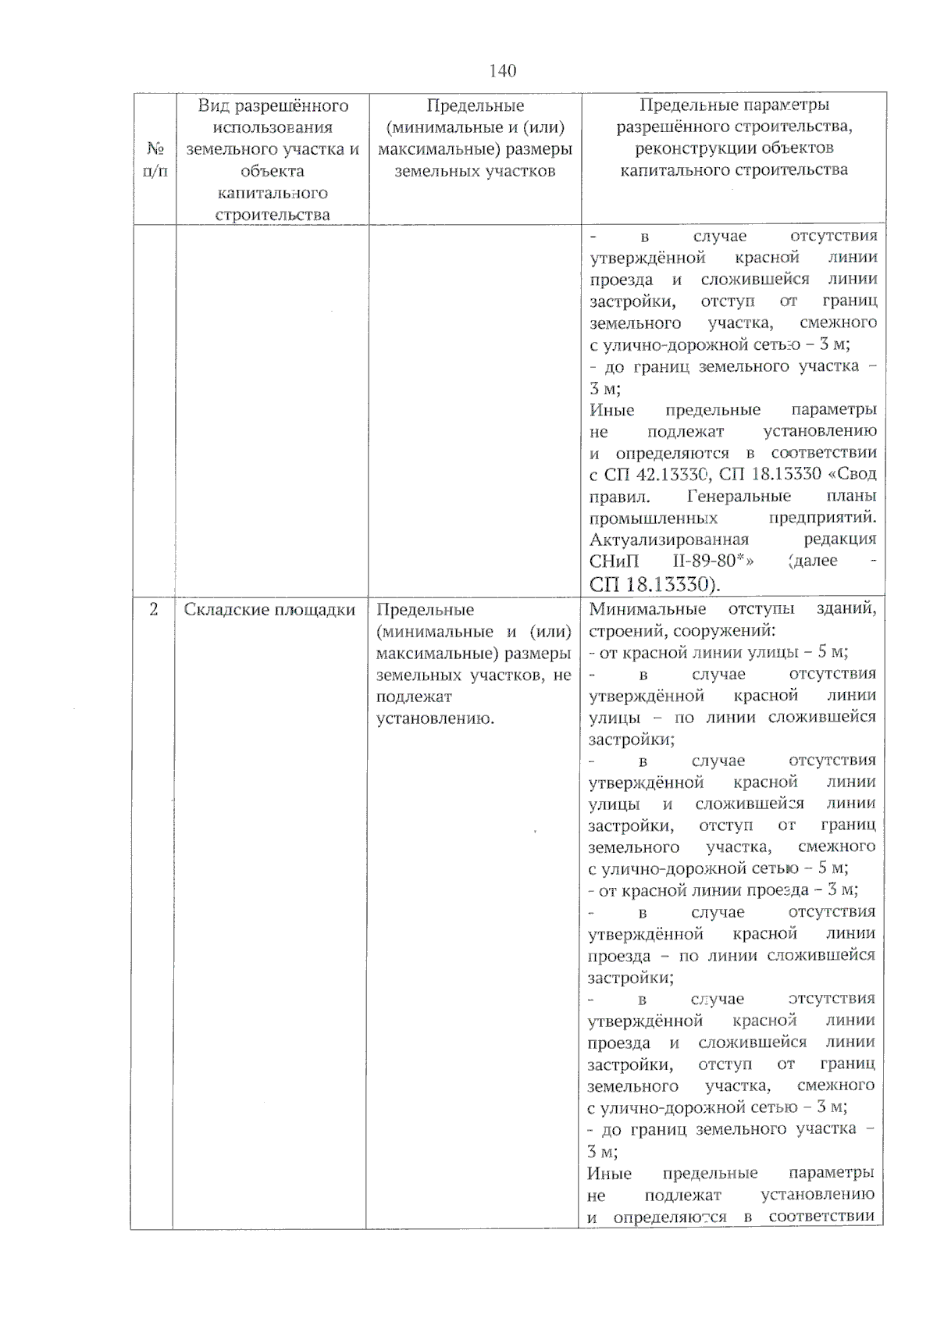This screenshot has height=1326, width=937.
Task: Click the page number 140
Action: click(502, 71)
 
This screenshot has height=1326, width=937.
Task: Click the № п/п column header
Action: click(155, 159)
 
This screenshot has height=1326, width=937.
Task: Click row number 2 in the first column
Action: click(154, 609)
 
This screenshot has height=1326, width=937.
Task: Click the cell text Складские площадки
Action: click(269, 610)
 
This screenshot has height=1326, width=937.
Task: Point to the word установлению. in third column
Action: click(435, 718)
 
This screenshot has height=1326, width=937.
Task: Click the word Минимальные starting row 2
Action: click(647, 609)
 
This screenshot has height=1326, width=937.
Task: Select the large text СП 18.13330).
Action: click(655, 584)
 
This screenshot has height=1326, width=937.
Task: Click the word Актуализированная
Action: click(669, 539)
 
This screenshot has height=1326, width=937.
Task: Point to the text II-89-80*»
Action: click(712, 561)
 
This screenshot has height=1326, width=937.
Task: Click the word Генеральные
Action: click(739, 496)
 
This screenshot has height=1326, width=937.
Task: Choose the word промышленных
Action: click(654, 518)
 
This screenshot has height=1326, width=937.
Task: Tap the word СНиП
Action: click(615, 561)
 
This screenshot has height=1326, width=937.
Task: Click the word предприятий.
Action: click(822, 518)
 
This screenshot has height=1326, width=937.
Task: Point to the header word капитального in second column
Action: click(272, 193)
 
